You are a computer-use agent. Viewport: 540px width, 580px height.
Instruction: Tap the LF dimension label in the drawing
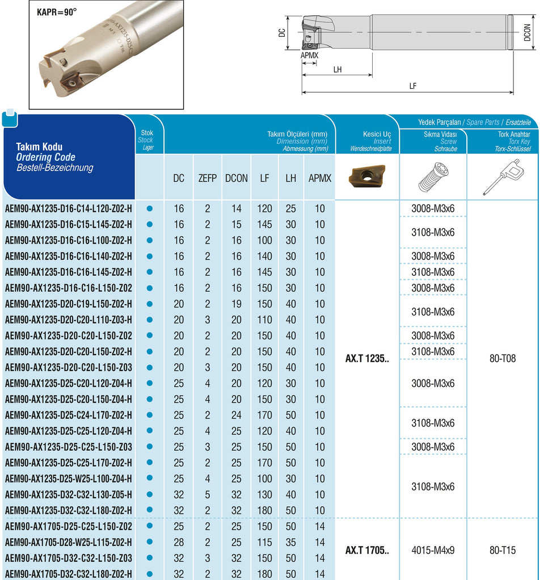(412, 86)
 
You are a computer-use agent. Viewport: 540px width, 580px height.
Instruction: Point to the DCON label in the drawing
(528, 32)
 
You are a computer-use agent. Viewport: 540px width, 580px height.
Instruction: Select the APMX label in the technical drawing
(309, 56)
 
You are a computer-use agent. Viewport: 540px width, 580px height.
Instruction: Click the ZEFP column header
(208, 178)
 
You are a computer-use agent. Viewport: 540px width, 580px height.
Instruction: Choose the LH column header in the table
(291, 178)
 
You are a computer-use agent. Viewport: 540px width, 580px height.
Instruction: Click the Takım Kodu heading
(39, 147)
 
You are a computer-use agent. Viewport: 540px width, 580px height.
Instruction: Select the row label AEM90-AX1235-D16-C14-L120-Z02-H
(69, 208)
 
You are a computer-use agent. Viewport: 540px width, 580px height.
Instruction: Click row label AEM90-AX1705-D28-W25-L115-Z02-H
(69, 542)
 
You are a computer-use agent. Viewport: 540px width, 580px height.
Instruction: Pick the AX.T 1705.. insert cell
(367, 550)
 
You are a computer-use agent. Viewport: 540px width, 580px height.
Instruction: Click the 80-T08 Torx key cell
(503, 359)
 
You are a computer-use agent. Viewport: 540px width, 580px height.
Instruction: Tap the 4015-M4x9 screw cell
(433, 550)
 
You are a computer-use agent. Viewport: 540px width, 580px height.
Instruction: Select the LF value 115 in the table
(264, 542)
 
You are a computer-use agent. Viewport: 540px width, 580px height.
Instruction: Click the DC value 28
(179, 542)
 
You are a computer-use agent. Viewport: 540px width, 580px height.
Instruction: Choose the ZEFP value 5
(208, 494)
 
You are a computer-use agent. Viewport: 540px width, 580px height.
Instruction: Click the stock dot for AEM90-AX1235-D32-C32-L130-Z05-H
(150, 494)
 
